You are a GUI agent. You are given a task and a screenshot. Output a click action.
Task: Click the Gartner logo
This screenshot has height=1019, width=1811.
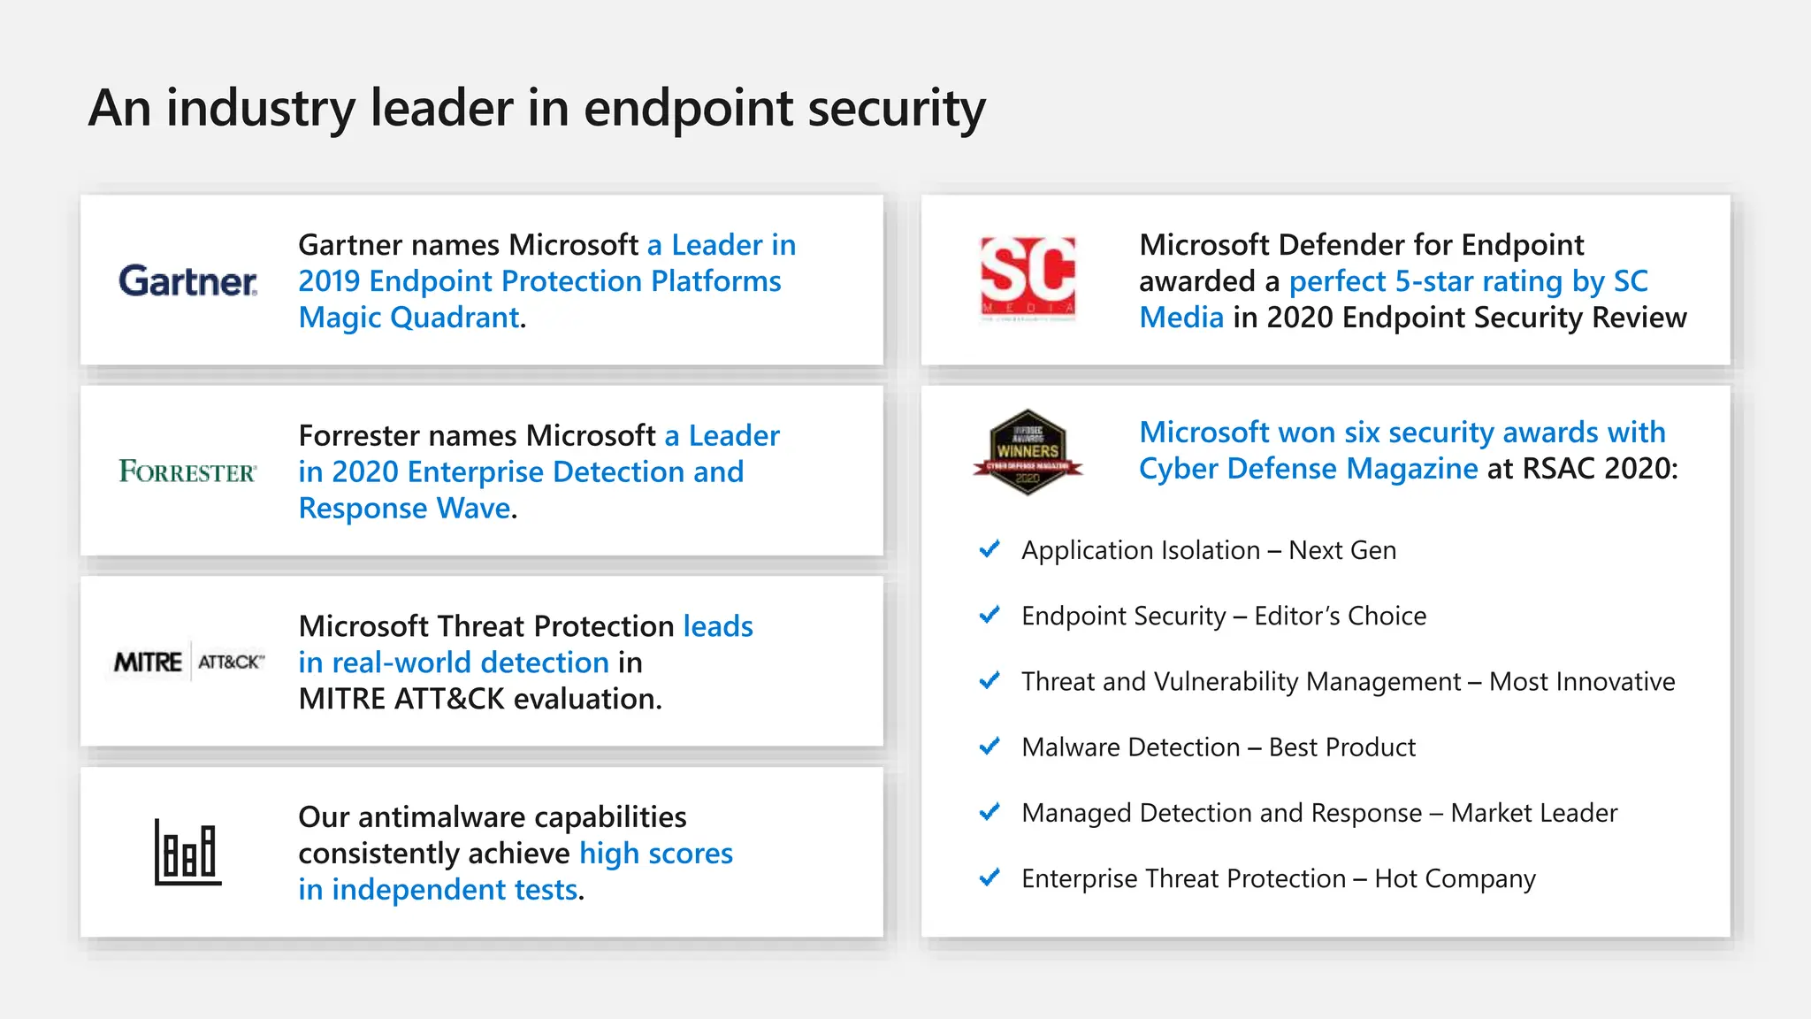pos(188,281)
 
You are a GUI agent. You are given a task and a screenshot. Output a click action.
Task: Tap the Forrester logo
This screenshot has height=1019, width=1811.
pos(187,471)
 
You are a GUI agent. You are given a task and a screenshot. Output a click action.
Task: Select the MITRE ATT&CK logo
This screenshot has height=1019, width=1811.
pos(188,662)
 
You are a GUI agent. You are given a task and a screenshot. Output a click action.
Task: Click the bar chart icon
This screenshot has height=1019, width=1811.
pos(187,852)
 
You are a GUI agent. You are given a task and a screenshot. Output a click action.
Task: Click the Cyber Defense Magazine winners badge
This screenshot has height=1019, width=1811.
pos(1028,452)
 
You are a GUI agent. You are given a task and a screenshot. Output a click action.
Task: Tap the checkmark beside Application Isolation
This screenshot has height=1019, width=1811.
pos(990,549)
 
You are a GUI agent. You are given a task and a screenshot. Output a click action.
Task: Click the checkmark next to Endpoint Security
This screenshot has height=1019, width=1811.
pos(990,615)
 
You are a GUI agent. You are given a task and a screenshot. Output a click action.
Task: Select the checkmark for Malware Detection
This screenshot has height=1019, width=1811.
pos(990,747)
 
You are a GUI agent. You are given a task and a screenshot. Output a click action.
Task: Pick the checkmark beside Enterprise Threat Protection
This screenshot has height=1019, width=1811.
pos(990,877)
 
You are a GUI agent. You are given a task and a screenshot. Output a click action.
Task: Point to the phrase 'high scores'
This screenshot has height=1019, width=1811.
pos(656,854)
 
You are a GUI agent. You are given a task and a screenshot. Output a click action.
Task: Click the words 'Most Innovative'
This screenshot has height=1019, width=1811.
pos(1582,682)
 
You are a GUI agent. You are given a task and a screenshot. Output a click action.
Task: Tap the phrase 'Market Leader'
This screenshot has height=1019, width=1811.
pos(1534,813)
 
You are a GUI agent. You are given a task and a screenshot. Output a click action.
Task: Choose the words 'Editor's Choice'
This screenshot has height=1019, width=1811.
pos(1340,616)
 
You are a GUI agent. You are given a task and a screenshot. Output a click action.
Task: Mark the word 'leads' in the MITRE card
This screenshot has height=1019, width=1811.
pos(718,626)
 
